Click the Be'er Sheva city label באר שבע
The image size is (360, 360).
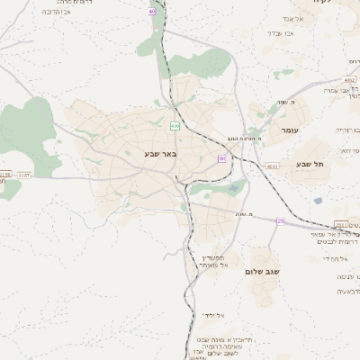coord(161,154)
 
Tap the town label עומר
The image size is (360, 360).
coord(288,130)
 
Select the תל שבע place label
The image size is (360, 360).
coord(309,164)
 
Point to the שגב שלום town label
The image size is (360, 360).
coord(263,271)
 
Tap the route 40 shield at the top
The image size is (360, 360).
coord(152,12)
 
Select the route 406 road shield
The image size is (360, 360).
coord(175,126)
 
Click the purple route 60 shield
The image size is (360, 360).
coord(221,159)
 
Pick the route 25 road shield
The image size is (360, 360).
coord(281,220)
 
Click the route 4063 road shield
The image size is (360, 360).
coord(272,166)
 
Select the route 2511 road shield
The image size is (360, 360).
coord(341,224)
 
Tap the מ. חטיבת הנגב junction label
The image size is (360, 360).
coord(244,139)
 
